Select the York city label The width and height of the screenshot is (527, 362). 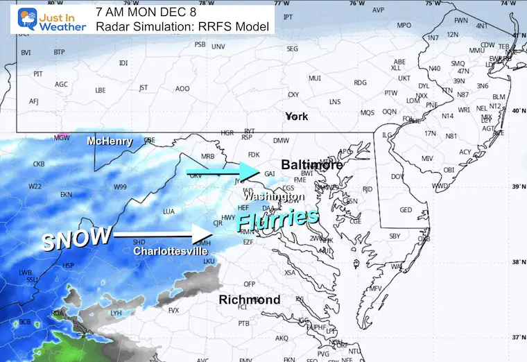(296, 117)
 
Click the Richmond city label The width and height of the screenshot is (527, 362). (250, 300)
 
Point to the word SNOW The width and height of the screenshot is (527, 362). (76, 239)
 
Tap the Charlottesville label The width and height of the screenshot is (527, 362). (170, 251)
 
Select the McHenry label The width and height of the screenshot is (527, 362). (110, 141)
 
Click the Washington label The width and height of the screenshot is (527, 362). (282, 196)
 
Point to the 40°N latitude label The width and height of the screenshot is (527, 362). (517, 111)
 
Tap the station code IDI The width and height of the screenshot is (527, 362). (123, 63)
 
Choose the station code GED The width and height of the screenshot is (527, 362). (406, 210)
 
